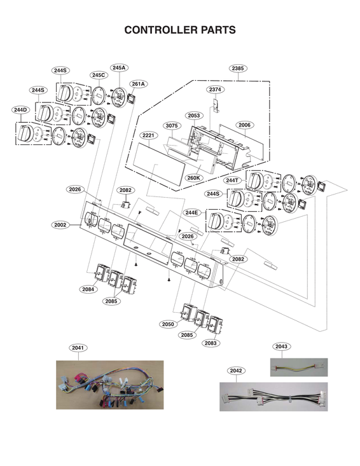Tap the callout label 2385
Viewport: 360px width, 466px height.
pyautogui.click(x=239, y=68)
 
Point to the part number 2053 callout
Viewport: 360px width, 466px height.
pyautogui.click(x=194, y=115)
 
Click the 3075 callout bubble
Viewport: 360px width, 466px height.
pyautogui.click(x=172, y=125)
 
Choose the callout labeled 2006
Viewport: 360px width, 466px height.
pyautogui.click(x=245, y=125)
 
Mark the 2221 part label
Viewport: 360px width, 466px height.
pyautogui.click(x=149, y=136)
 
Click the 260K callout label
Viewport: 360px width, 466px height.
pyautogui.click(x=193, y=177)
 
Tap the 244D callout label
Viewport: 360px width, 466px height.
pyautogui.click(x=21, y=110)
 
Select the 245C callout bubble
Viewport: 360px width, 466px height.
pyautogui.click(x=99, y=75)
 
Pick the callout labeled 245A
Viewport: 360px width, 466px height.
pyautogui.click(x=119, y=67)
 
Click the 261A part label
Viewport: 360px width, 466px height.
pyautogui.click(x=139, y=84)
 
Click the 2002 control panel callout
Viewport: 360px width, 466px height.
pyautogui.click(x=60, y=224)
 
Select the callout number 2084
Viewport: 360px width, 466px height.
pyautogui.click(x=88, y=289)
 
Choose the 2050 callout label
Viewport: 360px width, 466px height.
pyautogui.click(x=168, y=324)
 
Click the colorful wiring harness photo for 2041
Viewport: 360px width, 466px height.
pyautogui.click(x=109, y=385)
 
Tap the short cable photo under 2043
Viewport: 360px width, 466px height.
pyautogui.click(x=299, y=367)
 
